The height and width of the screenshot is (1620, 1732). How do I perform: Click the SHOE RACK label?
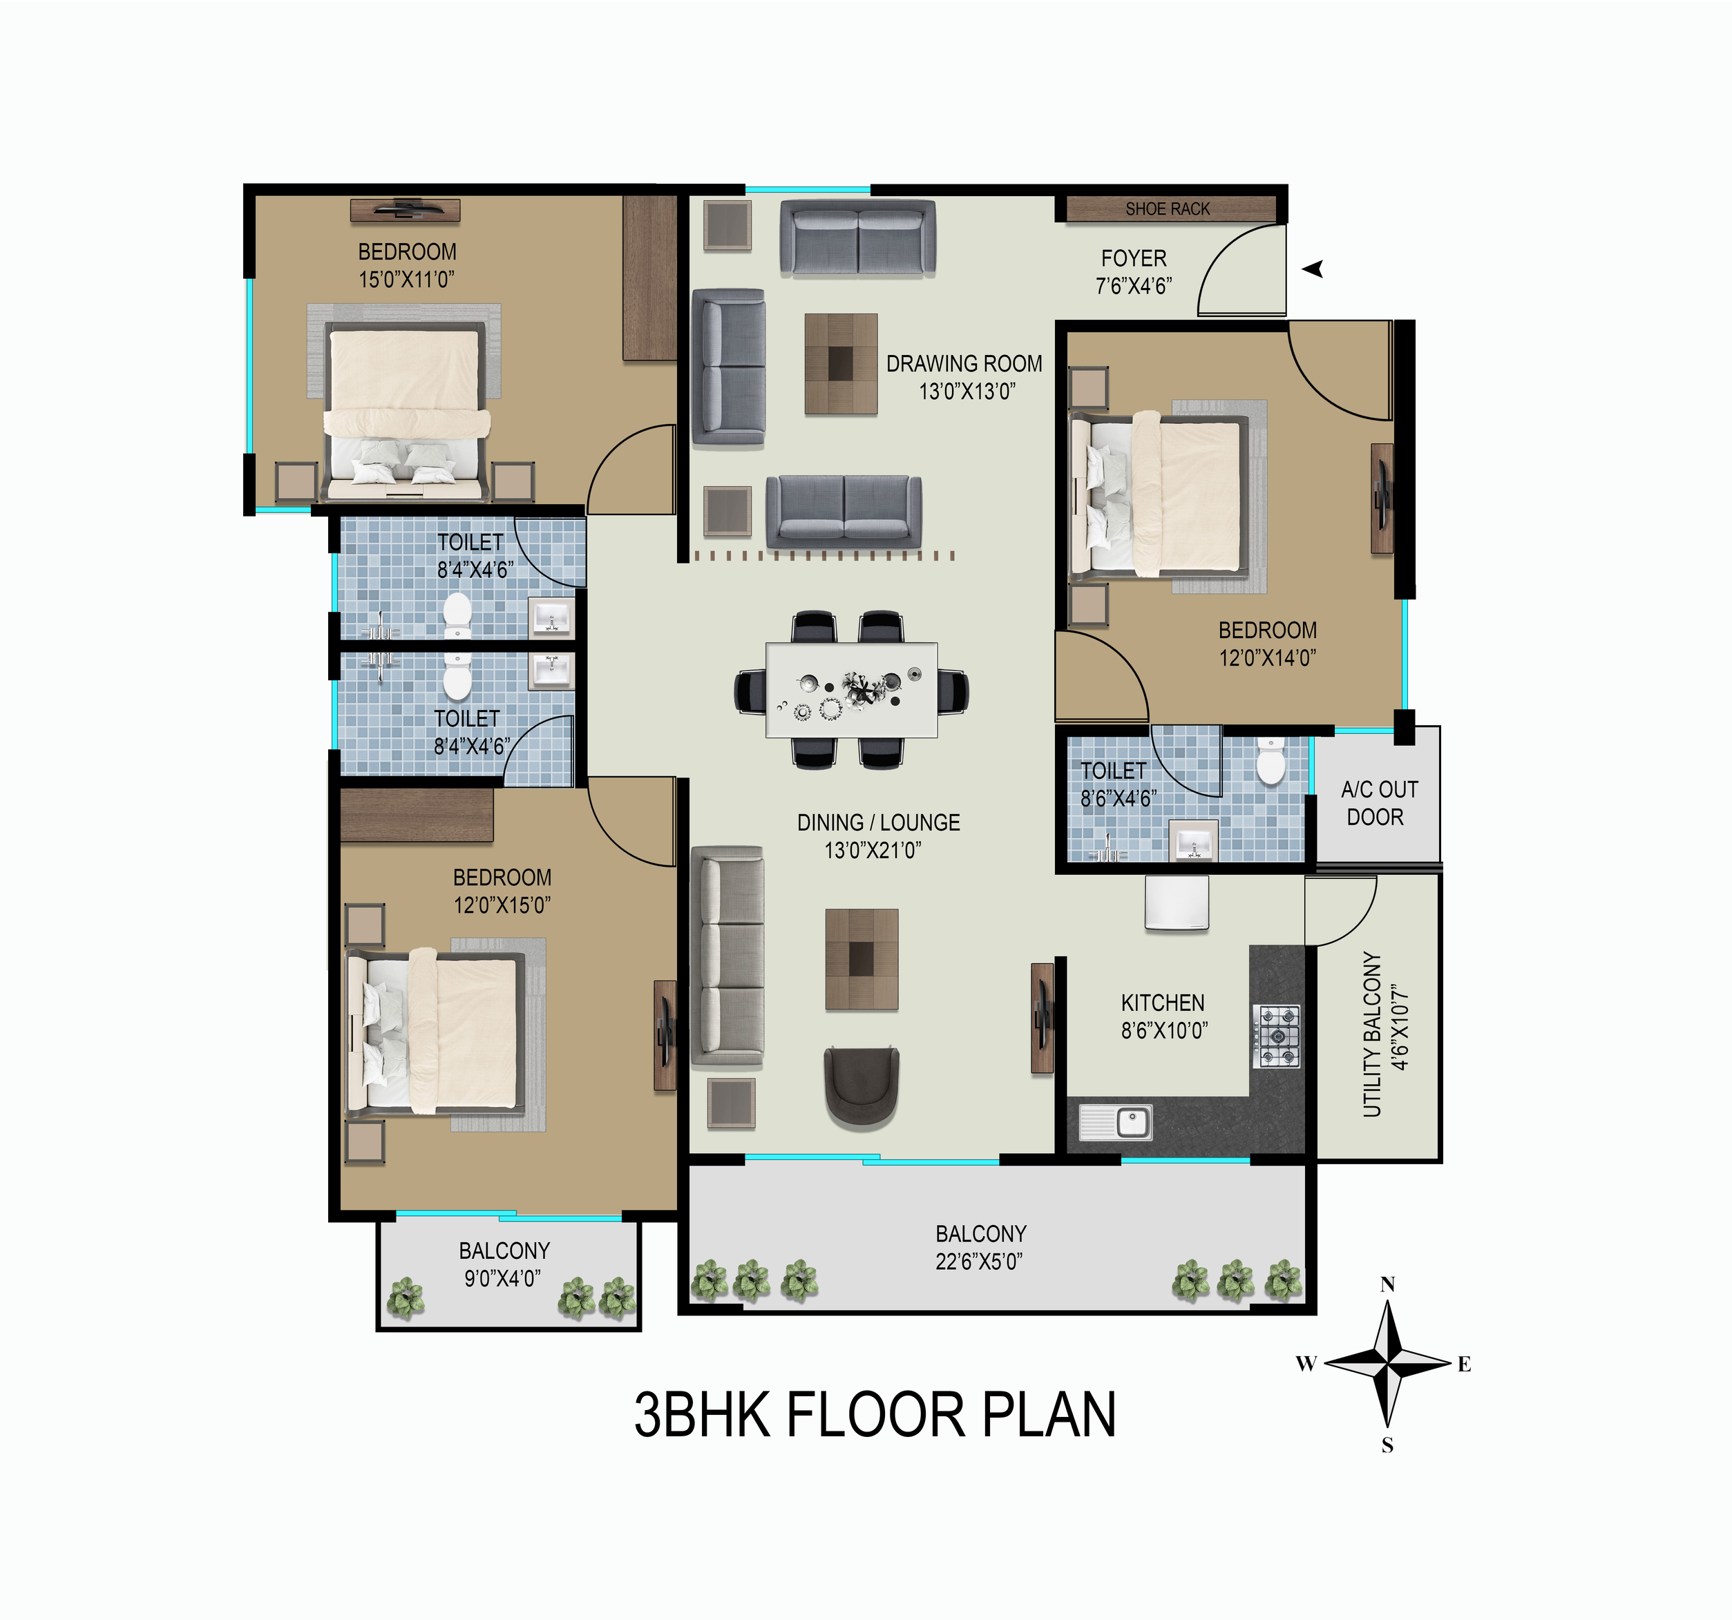1168,209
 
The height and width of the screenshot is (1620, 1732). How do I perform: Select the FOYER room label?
1134,259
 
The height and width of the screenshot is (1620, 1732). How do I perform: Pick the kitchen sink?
1116,1122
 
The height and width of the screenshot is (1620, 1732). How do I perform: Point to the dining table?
851,690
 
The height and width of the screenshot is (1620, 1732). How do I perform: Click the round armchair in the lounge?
862,1088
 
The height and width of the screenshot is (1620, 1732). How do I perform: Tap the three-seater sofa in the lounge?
727,956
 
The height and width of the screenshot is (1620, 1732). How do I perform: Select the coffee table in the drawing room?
841,363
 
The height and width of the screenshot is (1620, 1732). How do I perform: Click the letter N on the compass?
1388,1284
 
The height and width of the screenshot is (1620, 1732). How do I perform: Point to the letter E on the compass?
1464,1365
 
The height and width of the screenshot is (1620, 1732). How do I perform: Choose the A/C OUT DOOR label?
1379,803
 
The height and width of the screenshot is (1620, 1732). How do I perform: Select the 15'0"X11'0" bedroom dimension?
407,280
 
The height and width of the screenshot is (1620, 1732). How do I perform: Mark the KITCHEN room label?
1163,1003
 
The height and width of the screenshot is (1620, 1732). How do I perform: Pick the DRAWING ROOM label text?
964,363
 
